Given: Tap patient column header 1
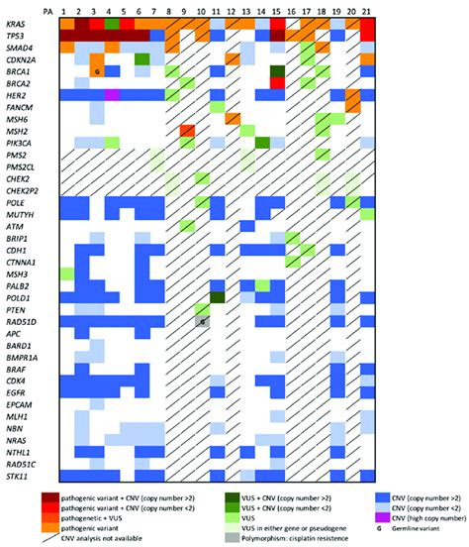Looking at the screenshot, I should click(x=66, y=9).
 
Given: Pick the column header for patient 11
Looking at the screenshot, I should click(x=217, y=9).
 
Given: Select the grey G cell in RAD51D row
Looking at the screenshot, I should click(x=202, y=321).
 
